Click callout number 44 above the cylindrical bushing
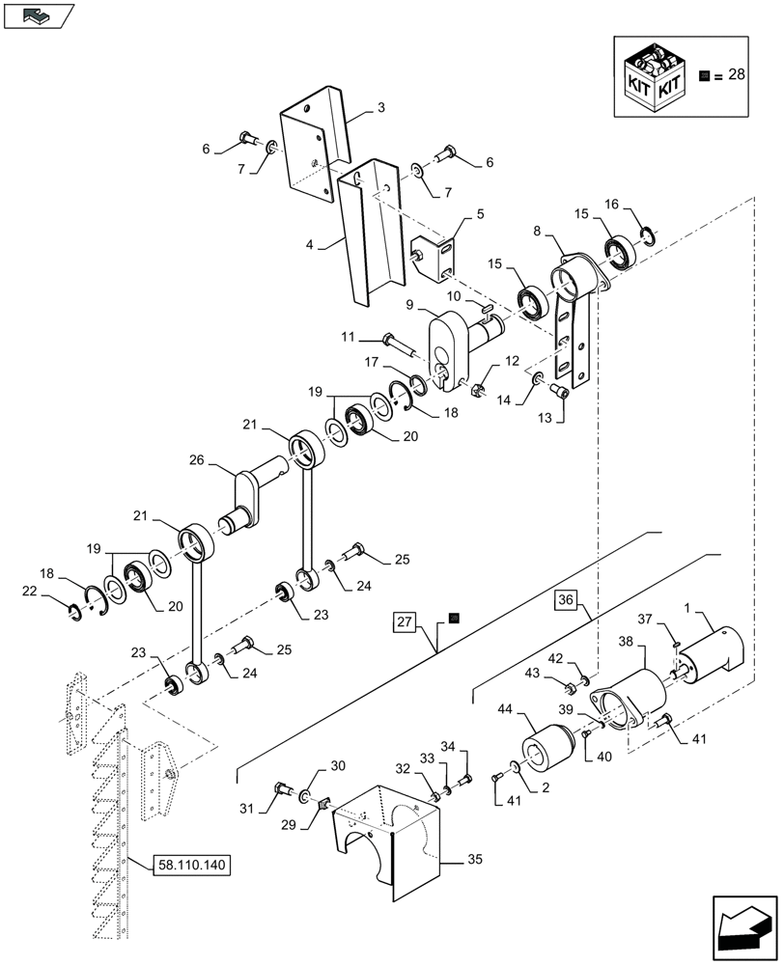coord(533,708)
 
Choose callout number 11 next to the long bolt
coord(349,337)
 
